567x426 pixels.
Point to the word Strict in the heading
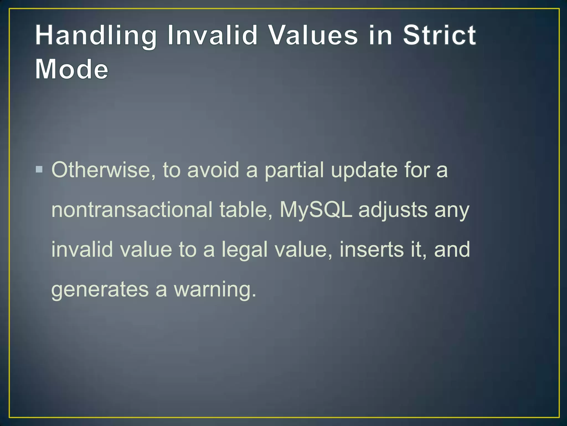click(439, 35)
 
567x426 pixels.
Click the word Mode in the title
click(72, 69)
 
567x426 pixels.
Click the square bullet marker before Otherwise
click(39, 169)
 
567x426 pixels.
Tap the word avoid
click(213, 170)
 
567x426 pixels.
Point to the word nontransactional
click(132, 210)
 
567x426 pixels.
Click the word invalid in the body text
click(82, 249)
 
